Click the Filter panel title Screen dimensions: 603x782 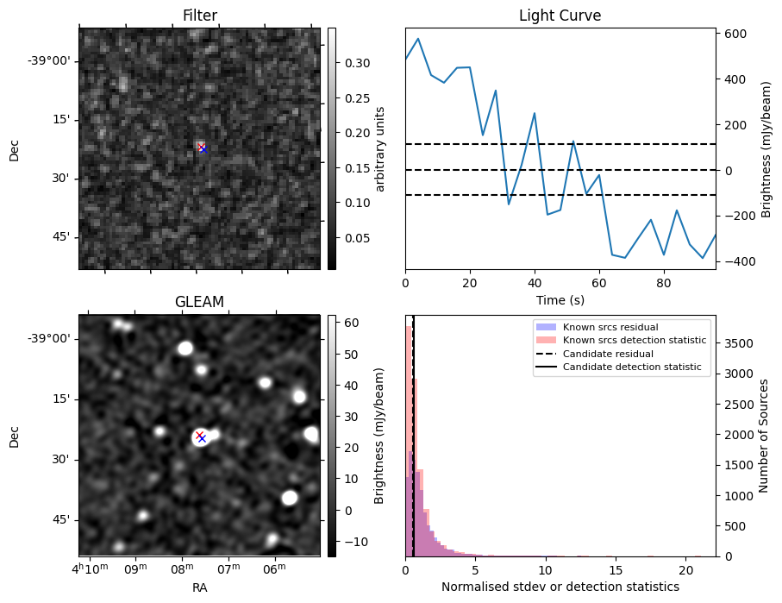(199, 16)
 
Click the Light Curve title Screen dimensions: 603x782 (560, 16)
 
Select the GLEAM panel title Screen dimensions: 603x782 (199, 302)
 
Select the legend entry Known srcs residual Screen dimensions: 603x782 (610, 328)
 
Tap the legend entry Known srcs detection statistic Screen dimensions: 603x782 (634, 341)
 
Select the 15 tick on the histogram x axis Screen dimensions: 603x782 (615, 570)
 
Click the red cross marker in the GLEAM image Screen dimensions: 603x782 (199, 435)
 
